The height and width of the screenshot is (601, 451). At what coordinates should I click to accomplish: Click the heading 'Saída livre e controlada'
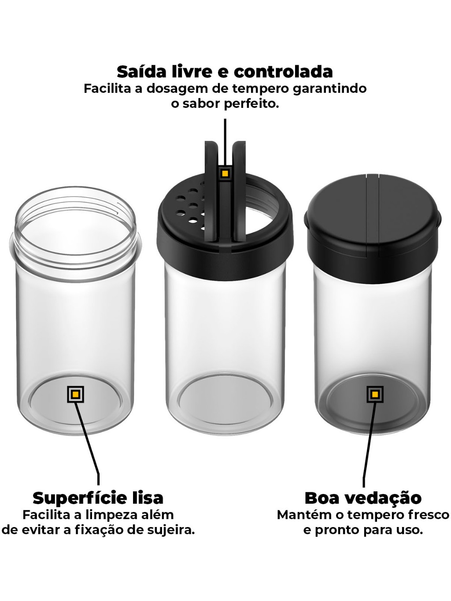pyautogui.click(x=225, y=72)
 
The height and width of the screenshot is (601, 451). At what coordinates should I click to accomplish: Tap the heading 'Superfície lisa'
pyautogui.click(x=98, y=498)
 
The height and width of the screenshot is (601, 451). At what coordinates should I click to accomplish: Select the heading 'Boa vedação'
pyautogui.click(x=363, y=498)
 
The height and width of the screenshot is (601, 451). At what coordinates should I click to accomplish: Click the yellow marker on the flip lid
pyautogui.click(x=225, y=173)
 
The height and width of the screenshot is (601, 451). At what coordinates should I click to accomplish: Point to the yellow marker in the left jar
pyautogui.click(x=76, y=394)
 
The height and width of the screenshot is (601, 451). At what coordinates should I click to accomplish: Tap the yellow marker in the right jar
pyautogui.click(x=375, y=394)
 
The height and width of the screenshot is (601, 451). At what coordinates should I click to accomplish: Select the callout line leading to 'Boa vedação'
pyautogui.click(x=369, y=443)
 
